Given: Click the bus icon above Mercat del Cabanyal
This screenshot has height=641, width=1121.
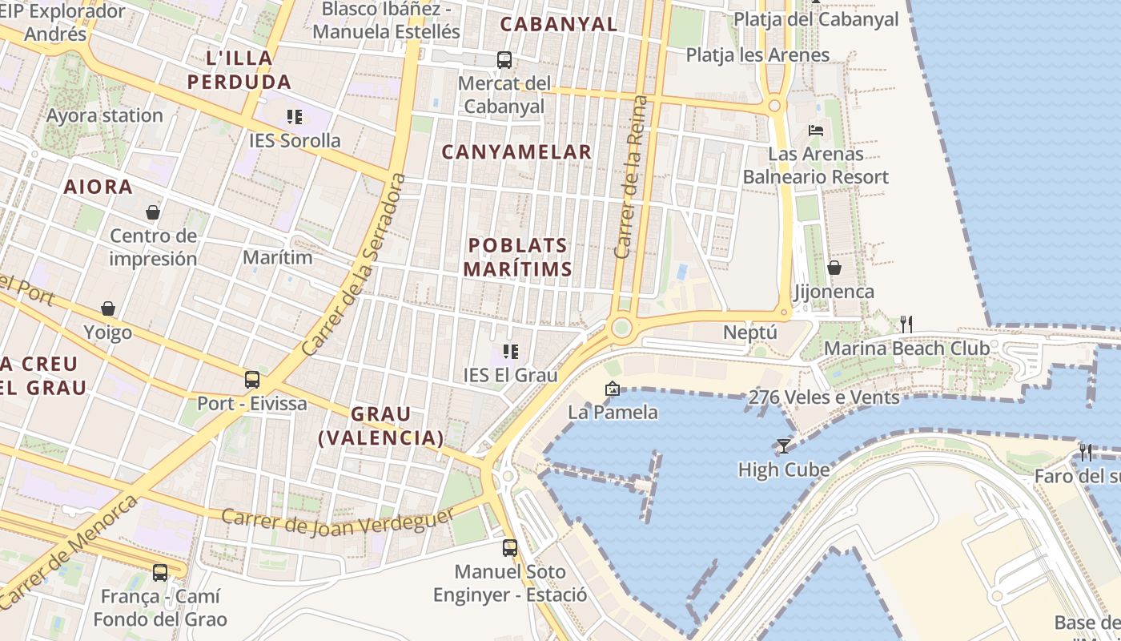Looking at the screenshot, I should [504, 59].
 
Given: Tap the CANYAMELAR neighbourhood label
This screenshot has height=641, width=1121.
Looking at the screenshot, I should [516, 151].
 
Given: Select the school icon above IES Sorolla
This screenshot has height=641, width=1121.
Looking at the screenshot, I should [295, 118].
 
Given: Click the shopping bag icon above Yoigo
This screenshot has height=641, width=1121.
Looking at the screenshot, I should [108, 308].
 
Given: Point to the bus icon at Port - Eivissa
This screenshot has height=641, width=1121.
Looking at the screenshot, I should [252, 379].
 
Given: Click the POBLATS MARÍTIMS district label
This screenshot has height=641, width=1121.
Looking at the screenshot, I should [517, 257].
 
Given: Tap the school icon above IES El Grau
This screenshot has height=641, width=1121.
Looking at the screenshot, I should [511, 351].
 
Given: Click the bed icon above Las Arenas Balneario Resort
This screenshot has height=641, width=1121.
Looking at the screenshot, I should [816, 130].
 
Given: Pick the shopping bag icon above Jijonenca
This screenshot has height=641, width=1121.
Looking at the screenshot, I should [834, 267].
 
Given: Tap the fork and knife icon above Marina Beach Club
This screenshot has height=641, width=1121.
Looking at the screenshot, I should [906, 324].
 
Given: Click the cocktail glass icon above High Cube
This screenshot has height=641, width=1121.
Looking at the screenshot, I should [783, 445].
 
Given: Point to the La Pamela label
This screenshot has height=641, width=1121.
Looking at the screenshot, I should [613, 412].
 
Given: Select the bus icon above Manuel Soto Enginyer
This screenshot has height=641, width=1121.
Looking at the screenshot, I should [510, 548].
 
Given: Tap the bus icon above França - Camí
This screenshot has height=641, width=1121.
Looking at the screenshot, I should [160, 572].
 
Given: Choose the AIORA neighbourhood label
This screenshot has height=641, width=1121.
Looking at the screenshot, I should [98, 187].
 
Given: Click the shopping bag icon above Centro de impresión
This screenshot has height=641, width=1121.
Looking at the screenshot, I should [153, 212].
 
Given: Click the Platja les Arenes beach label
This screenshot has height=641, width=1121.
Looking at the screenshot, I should [757, 54].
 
